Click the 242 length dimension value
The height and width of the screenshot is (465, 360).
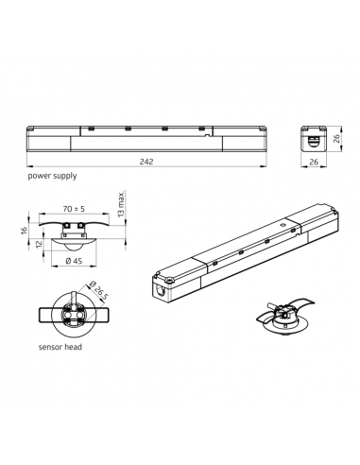pos(146,162)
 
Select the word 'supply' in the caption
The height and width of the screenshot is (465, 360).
pos(64,176)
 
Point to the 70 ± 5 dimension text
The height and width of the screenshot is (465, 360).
pos(74,209)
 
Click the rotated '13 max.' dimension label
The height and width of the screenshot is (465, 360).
pos(121,203)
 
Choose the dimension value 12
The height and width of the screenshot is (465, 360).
pos(39,244)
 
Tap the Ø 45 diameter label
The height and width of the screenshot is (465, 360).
pos(74,261)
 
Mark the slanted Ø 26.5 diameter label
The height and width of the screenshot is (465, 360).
pos(98,289)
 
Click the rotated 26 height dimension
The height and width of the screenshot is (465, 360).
pos(336,138)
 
